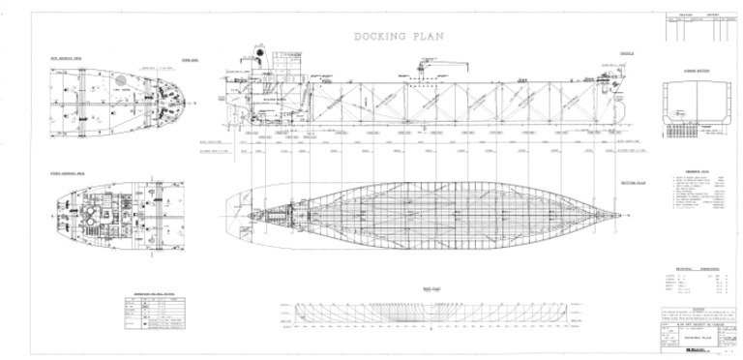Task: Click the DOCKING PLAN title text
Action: tap(398, 36)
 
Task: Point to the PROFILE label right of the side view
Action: tap(627, 52)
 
